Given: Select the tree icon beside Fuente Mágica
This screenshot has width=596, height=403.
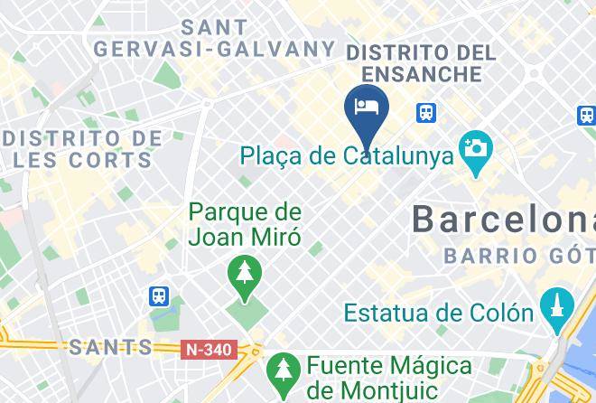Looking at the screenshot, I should pyautogui.click(x=284, y=369).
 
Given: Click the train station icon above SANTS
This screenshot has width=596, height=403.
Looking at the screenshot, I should pyautogui.click(x=159, y=295).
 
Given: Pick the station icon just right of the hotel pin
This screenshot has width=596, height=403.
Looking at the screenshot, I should pyautogui.click(x=426, y=113).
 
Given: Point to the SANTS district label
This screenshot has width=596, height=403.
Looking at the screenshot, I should pyautogui.click(x=110, y=347).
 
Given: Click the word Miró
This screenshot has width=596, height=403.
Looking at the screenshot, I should pyautogui.click(x=277, y=238).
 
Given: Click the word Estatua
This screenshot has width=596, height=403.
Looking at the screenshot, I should pyautogui.click(x=390, y=314).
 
